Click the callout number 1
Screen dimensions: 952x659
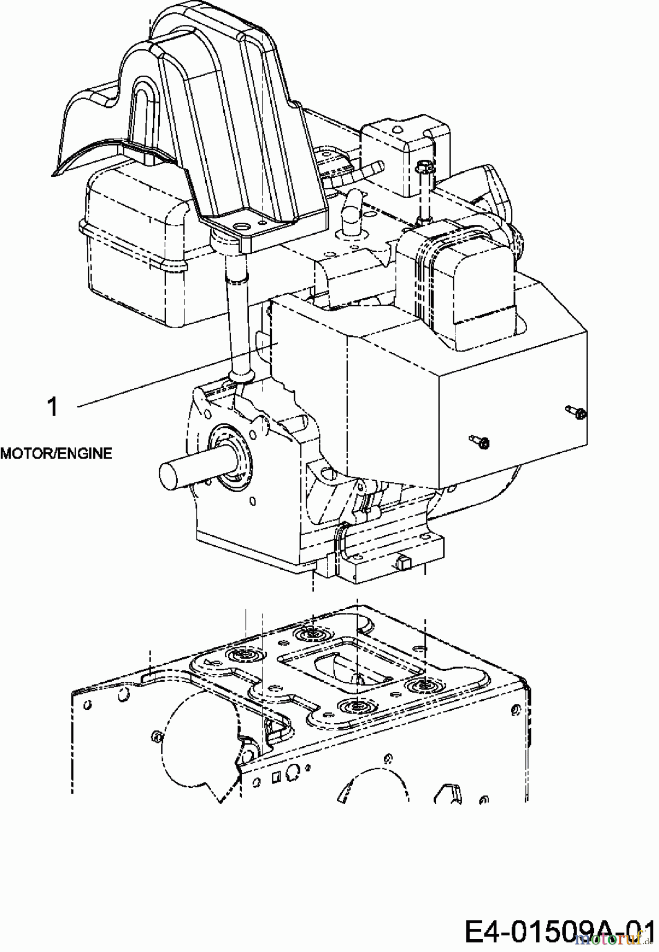click(x=52, y=408)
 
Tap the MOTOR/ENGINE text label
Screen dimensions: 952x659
click(x=56, y=453)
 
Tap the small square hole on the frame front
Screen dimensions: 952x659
click(x=275, y=777)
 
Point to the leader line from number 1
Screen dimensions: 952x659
click(x=175, y=376)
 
